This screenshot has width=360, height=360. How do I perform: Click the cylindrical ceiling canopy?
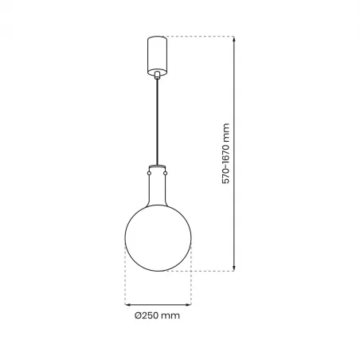coord(156,53)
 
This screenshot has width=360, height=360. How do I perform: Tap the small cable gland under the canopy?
coord(156,76)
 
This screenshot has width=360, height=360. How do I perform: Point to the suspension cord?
coord(156,119)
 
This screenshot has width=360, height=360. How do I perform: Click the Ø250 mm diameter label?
coord(156,316)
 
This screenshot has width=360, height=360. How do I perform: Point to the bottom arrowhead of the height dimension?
coord(235,268)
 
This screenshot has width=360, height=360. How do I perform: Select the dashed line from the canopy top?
coord(199,36)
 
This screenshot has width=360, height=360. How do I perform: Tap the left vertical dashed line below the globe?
coord(125,279)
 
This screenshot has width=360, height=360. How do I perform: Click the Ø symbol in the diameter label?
coord(136,316)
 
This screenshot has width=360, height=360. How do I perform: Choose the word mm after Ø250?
coord(170,316)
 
